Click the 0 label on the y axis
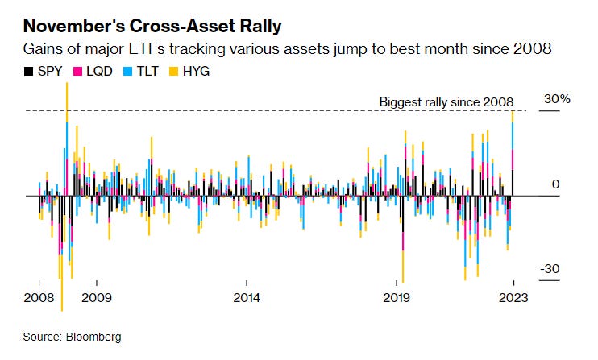pos(555,184)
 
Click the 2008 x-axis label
pos(39,297)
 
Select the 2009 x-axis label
pos(97,297)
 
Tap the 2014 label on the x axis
pos(247,297)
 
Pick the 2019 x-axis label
pos(397,297)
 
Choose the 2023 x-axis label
pos(513,297)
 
